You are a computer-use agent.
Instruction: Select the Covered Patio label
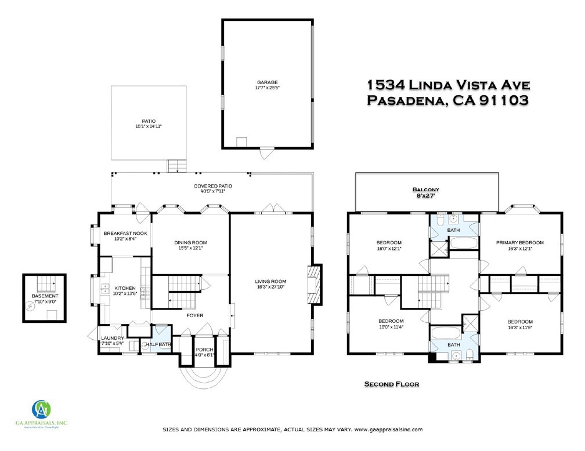(213, 186)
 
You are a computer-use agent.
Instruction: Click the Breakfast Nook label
(125, 233)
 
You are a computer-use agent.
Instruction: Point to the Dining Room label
(190, 242)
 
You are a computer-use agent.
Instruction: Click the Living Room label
(270, 282)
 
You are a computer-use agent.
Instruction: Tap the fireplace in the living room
(313, 284)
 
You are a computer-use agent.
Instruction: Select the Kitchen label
(125, 288)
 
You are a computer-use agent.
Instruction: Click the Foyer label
(194, 316)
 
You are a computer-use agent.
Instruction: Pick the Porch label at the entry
(204, 349)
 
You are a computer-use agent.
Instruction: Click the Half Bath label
(158, 344)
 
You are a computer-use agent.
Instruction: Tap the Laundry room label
(112, 339)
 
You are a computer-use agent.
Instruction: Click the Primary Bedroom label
(519, 242)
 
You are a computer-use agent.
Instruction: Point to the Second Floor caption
(391, 384)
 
